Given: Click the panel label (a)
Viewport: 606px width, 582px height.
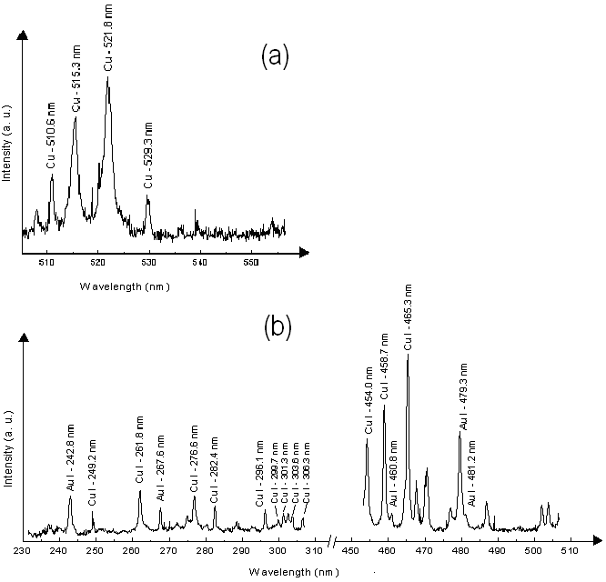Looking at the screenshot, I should click(x=275, y=57).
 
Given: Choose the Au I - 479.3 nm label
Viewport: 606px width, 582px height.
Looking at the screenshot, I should click(x=464, y=396).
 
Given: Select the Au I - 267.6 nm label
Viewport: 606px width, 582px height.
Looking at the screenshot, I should click(x=160, y=472).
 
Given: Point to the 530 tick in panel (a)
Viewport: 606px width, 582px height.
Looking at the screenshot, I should click(x=149, y=264).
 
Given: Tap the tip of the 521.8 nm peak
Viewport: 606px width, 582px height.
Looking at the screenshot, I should click(x=108, y=78).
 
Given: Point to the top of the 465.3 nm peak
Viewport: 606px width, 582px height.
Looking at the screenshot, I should click(x=407, y=354).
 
